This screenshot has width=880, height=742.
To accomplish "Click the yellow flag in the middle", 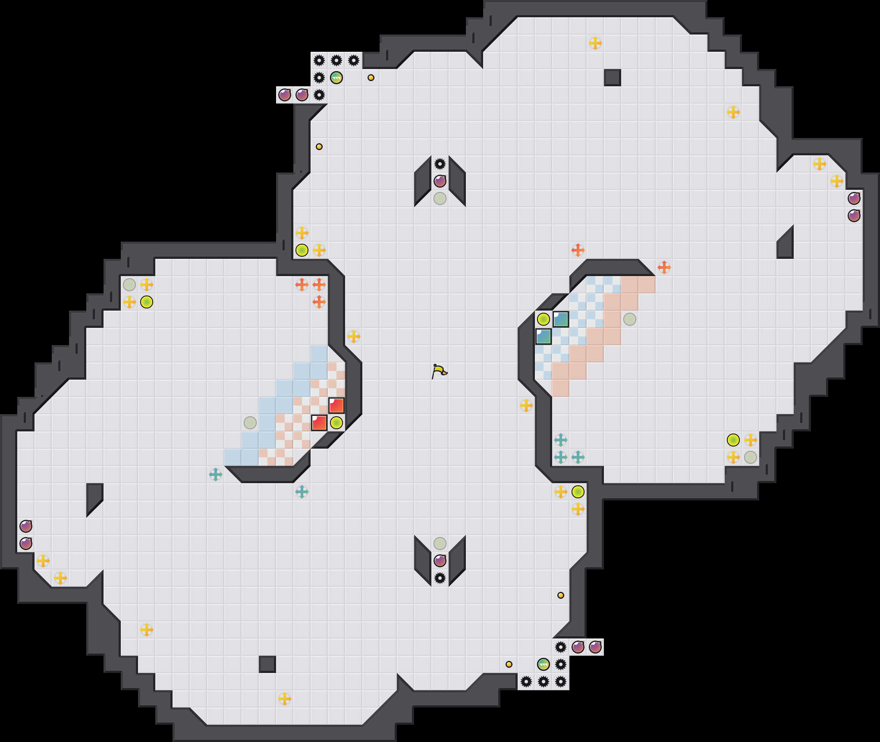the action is point(439,371).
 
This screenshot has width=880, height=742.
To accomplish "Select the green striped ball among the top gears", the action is point(336,78).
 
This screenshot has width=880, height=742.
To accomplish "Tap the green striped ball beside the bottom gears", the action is point(544,664).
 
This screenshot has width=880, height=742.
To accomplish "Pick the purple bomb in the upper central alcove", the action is point(440,181).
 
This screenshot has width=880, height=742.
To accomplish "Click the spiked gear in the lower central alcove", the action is point(440,578).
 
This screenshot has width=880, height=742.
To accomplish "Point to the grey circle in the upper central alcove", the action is point(440,198).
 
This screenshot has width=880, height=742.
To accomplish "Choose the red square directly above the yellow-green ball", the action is point(336,406).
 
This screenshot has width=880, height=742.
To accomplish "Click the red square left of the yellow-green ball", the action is point(319,423).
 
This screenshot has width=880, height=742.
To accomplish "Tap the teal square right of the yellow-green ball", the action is point(561,319).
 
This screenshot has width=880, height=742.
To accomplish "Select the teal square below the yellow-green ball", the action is point(544,336).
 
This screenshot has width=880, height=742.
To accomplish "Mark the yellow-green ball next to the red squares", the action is point(336,423).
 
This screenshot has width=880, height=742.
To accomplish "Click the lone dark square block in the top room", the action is point(613,78).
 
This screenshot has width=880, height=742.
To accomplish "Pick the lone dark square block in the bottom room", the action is point(267,664).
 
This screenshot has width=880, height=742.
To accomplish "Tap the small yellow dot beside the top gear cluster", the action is point(371,78).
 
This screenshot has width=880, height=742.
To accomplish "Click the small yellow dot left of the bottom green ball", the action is point(509,664).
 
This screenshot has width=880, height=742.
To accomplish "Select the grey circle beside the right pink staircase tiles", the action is point(630,319).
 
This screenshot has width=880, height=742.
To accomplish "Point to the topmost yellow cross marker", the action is point(595,43).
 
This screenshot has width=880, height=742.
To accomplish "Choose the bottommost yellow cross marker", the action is point(285,699).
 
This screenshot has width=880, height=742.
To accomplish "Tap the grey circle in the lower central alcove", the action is point(440,544).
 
